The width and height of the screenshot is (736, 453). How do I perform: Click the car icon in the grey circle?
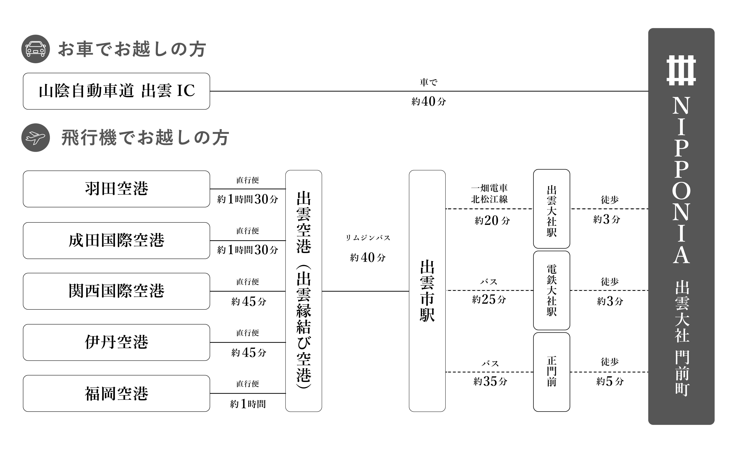pyautogui.click(x=35, y=49)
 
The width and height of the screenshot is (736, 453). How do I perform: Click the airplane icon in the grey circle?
pyautogui.click(x=35, y=138)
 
